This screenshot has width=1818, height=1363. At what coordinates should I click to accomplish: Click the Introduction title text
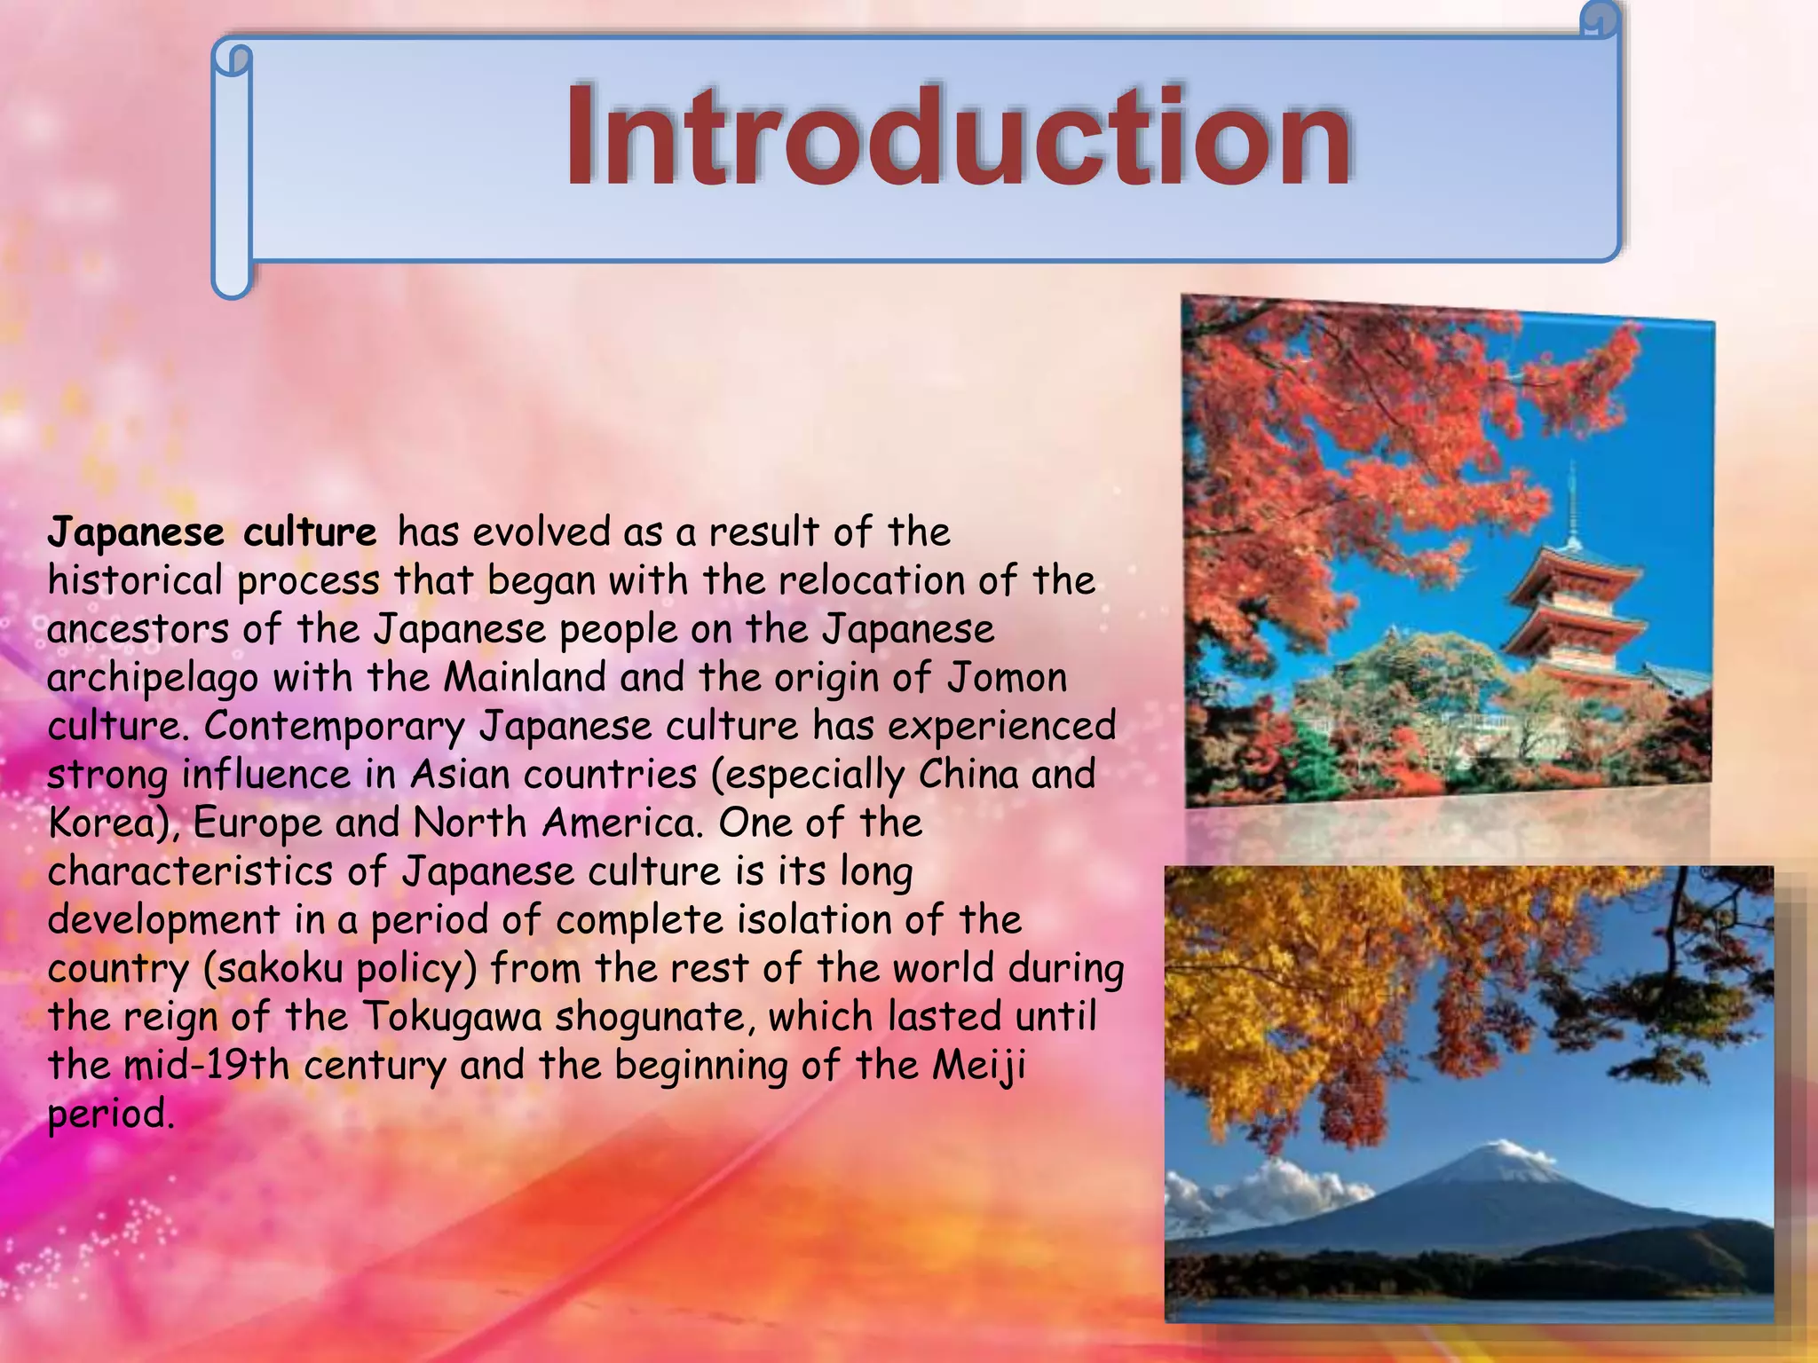click(x=959, y=138)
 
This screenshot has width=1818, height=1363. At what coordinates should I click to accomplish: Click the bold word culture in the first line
click(x=310, y=532)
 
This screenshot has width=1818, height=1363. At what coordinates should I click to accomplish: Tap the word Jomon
click(x=1008, y=678)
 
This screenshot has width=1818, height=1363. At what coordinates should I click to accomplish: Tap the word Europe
click(x=257, y=823)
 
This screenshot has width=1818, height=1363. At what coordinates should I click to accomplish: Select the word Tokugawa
click(x=452, y=1017)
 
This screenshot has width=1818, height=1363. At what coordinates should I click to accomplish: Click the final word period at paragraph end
click(x=110, y=1115)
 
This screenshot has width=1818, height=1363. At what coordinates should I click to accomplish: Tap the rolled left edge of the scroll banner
click(x=232, y=169)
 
